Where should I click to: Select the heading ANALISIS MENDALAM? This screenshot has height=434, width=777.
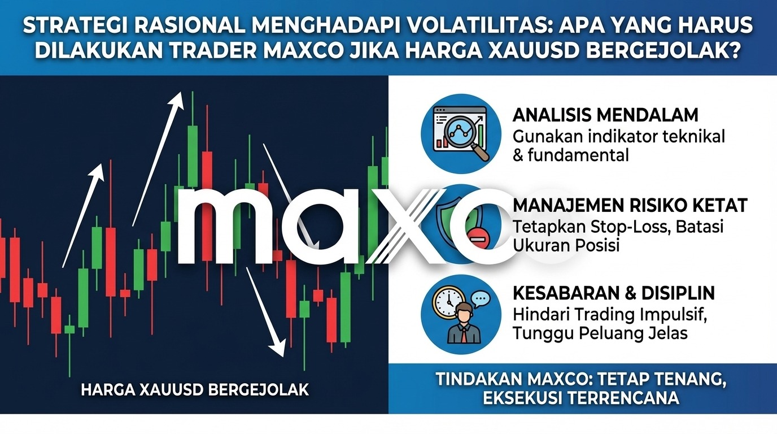pos(605,115)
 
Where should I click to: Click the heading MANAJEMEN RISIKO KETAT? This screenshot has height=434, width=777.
pos(630,205)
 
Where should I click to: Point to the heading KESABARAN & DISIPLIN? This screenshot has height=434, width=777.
pos(614,293)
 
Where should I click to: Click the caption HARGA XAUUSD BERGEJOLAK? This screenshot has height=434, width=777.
pos(195,389)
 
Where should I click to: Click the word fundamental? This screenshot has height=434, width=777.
pos(578,155)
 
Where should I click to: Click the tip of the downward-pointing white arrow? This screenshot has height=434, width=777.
pos(283,355)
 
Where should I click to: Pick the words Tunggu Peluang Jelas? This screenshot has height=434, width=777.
pos(600,333)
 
